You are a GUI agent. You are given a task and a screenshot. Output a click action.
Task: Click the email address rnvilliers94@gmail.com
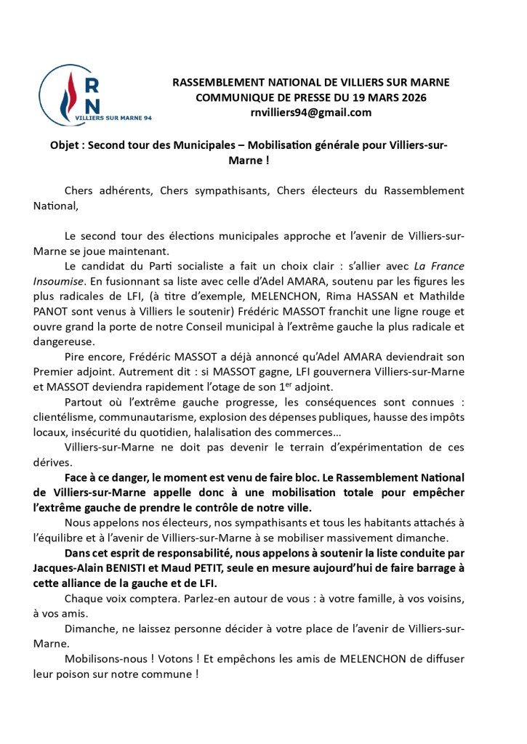310,113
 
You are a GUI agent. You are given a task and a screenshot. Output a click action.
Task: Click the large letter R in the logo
93,84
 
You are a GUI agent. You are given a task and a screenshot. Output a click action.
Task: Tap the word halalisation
229,433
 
